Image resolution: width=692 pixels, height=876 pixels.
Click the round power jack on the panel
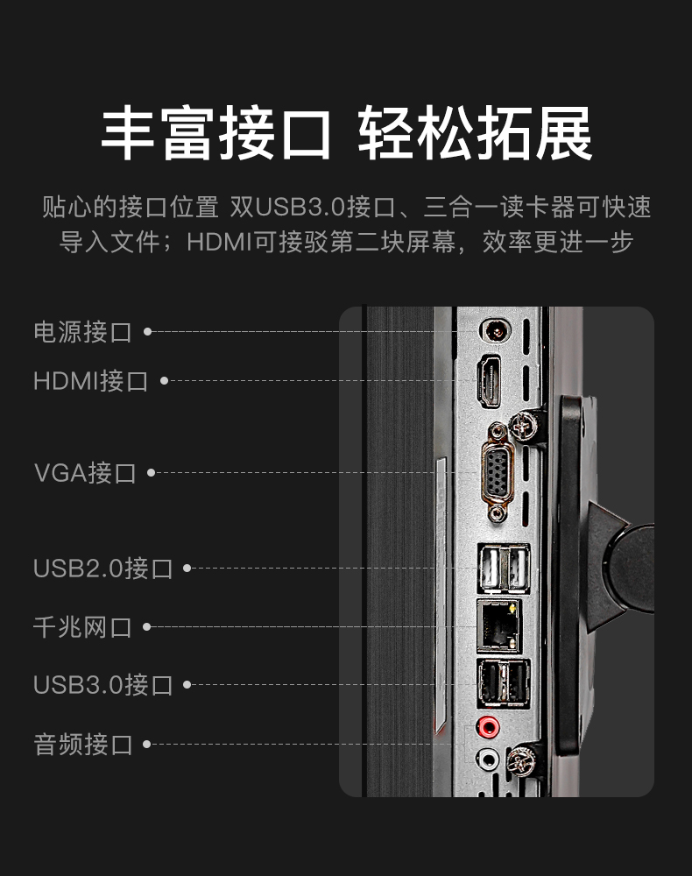pos(497,331)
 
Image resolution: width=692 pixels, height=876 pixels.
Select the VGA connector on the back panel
pos(497,471)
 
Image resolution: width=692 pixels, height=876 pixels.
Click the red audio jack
pos(487,726)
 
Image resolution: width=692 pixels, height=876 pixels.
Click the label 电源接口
pos(82,332)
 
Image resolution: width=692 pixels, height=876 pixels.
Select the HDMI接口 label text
pos(90,381)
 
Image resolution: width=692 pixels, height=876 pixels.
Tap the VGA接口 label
pos(85,473)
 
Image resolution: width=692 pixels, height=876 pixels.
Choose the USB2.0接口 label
pos(102,568)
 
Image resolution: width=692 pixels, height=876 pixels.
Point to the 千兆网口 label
pos(82,626)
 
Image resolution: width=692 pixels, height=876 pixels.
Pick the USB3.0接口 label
pos(102,684)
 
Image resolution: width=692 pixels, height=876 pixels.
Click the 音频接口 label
pos(82,745)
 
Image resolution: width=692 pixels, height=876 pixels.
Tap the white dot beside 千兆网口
pos(147,626)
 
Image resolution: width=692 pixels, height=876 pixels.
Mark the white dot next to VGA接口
pos(151,473)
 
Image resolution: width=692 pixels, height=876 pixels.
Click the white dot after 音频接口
pos(147,745)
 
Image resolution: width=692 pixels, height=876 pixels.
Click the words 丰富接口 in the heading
pos(216,134)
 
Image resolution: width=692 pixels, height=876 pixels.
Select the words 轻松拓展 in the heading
pos(475,134)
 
